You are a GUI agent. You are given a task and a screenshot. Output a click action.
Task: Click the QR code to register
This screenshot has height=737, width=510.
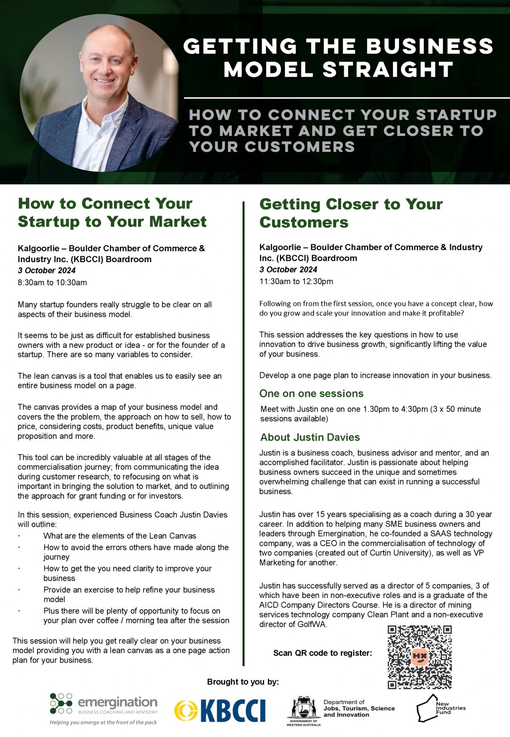tap(419, 657)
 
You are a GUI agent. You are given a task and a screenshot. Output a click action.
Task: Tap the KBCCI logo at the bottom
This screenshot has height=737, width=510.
tap(220, 711)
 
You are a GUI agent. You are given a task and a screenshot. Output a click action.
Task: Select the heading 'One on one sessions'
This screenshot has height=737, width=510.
tap(311, 393)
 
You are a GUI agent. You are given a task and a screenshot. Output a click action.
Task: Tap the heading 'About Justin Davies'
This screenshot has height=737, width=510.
tap(310, 437)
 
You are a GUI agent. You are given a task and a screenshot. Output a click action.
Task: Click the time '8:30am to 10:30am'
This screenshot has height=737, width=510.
tap(52, 283)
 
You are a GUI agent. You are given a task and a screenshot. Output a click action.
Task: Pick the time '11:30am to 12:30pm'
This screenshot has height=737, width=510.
tap(296, 281)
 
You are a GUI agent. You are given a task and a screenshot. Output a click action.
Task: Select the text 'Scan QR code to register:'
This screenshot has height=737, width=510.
tap(322, 653)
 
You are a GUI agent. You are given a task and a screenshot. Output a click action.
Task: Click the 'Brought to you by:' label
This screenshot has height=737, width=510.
tap(243, 682)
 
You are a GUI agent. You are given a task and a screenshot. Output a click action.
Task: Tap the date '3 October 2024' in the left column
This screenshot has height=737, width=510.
tap(47, 270)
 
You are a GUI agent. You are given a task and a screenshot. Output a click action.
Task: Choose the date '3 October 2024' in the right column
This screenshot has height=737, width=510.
tap(288, 269)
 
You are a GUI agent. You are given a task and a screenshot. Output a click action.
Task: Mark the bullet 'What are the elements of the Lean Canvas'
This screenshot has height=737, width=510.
tap(120, 536)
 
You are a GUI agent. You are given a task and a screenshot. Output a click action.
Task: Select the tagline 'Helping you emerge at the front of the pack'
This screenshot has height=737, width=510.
tap(103, 722)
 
